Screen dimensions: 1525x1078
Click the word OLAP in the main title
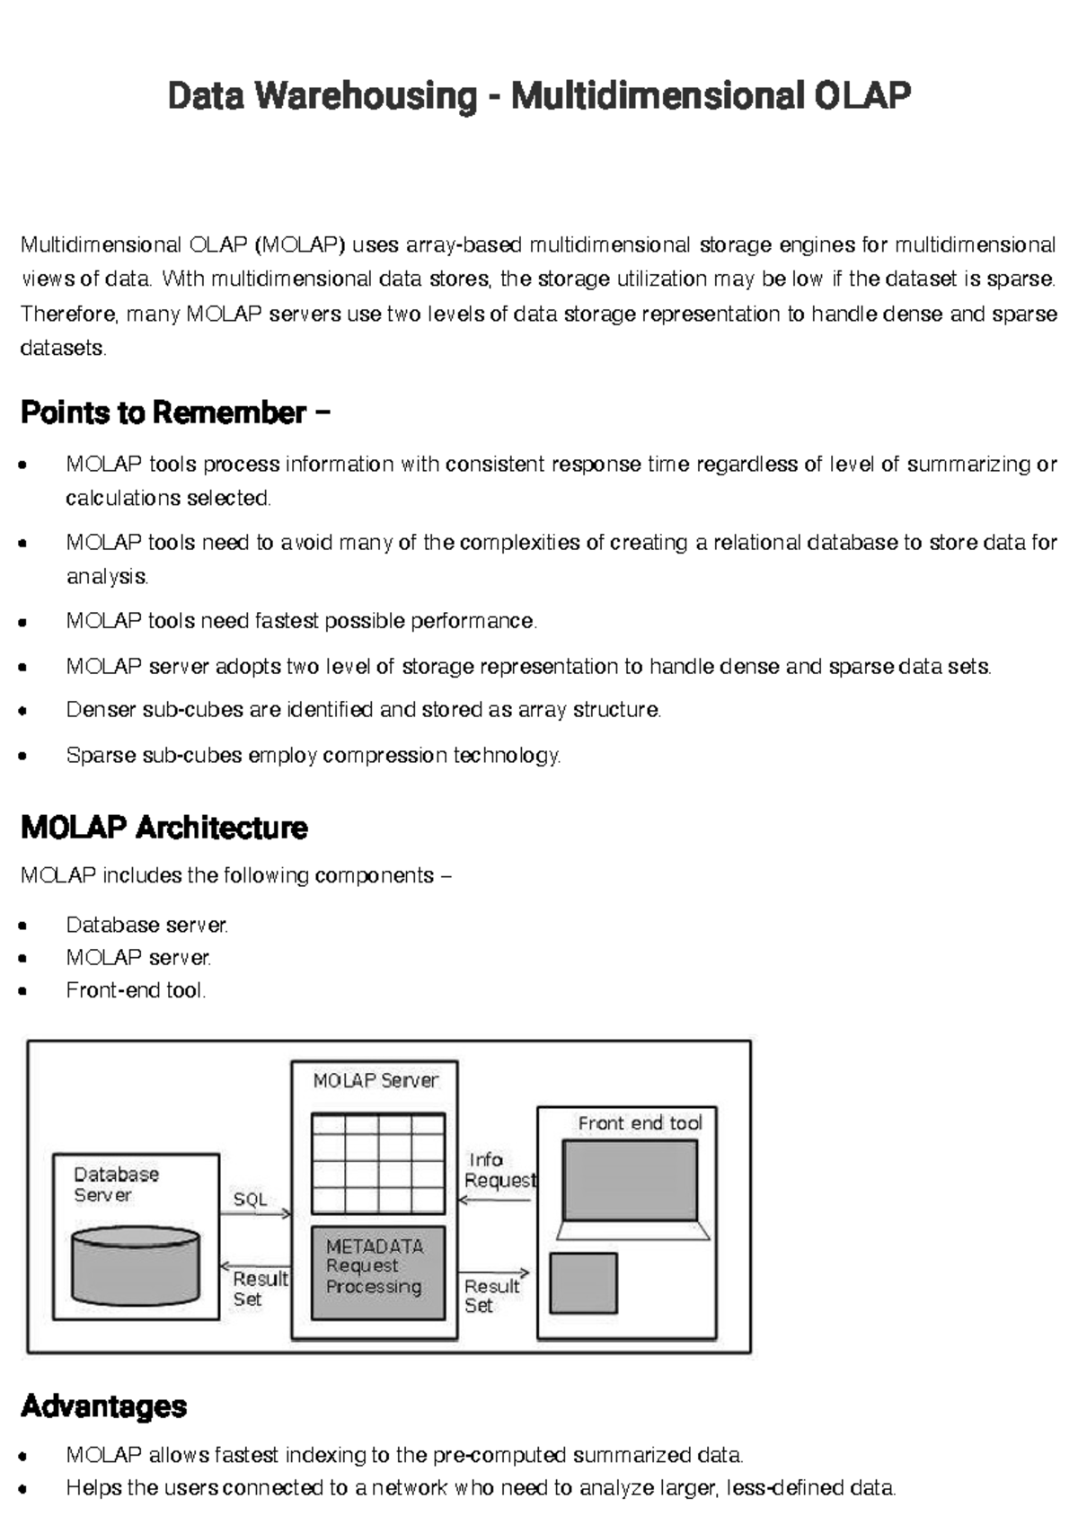[862, 95]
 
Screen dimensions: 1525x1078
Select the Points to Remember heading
[175, 412]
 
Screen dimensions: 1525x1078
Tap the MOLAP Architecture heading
[163, 827]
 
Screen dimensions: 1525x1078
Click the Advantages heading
[103, 1405]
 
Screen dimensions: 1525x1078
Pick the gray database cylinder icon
[136, 1266]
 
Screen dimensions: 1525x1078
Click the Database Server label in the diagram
[115, 1184]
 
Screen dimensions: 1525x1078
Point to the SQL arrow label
[250, 1199]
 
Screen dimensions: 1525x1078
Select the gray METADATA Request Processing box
[377, 1272]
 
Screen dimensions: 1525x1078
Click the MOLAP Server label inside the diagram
[375, 1080]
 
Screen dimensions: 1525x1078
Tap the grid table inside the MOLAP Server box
[377, 1163]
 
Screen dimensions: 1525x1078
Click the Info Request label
[499, 1170]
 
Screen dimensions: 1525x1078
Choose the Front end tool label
[640, 1122]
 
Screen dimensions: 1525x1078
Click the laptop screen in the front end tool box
[630, 1180]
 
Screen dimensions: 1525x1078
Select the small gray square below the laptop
[583, 1283]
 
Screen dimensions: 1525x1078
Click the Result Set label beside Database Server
[259, 1288]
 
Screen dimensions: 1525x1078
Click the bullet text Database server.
[146, 925]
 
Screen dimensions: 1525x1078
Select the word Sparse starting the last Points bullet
[101, 755]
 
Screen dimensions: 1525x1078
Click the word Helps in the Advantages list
[93, 1487]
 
